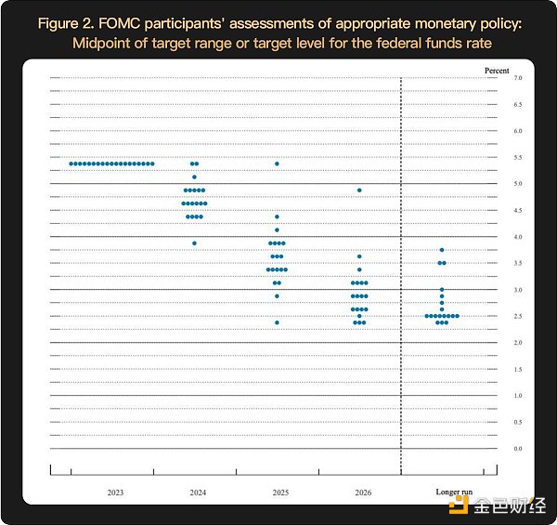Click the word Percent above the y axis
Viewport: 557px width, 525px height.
tap(498, 69)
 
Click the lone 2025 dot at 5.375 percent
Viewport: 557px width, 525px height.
tap(277, 164)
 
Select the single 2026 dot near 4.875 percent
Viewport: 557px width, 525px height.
tap(359, 190)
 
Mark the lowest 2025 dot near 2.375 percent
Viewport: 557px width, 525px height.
tap(277, 322)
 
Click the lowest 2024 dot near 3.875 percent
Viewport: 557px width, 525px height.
tap(194, 243)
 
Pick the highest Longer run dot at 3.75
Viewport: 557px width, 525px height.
tap(442, 250)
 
